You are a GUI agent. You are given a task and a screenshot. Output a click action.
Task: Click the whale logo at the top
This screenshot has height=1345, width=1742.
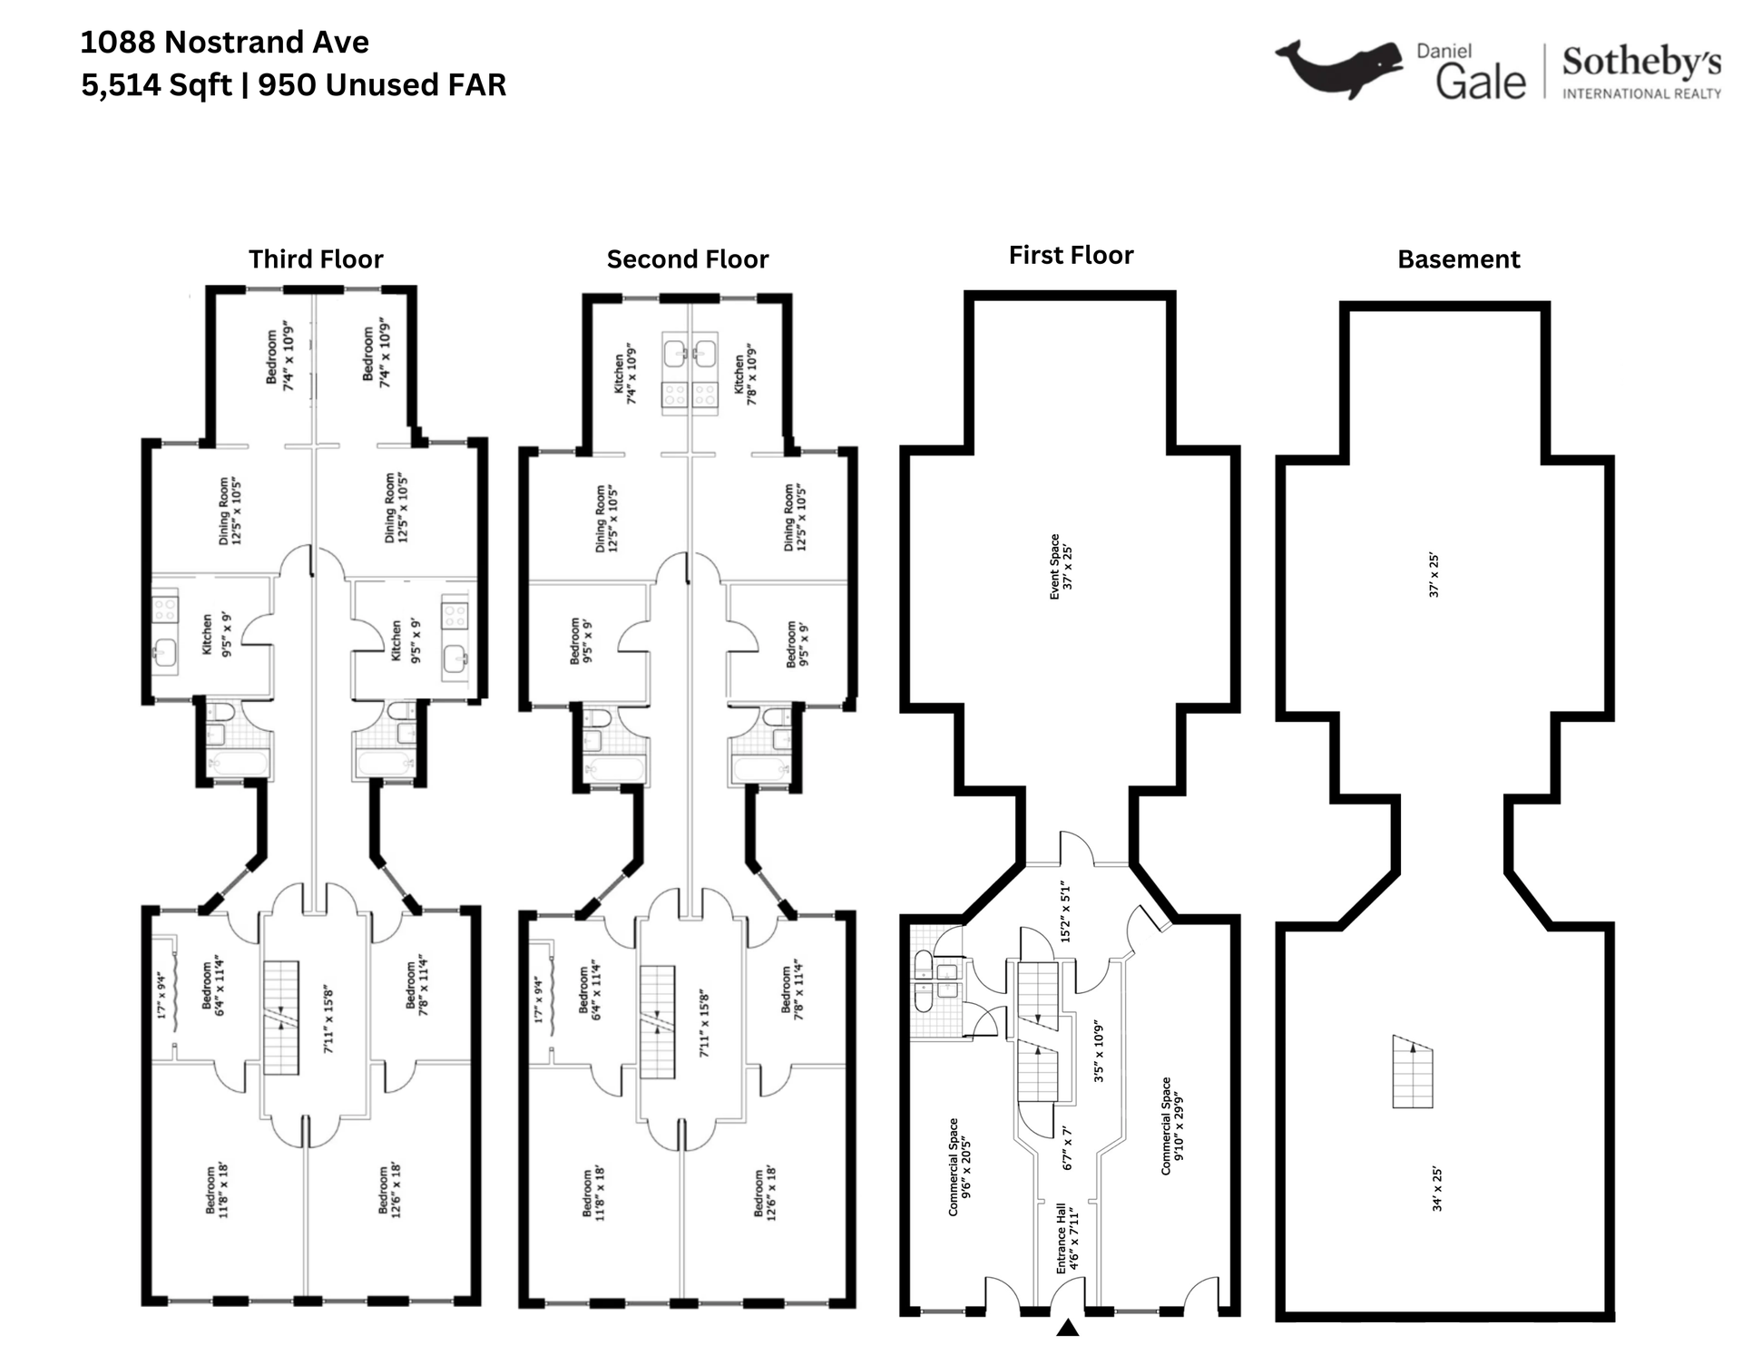point(1338,68)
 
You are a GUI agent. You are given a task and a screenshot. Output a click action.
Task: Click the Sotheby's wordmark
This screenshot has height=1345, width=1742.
point(1640,63)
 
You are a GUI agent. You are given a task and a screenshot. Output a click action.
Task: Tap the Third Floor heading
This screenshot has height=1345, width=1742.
point(316,259)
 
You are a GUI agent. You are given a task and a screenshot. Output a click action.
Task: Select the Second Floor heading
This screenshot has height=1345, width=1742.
point(687,259)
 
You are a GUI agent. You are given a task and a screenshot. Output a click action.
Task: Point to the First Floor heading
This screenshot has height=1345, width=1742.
point(1071,255)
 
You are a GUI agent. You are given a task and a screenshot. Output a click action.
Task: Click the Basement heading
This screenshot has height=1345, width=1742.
point(1458,259)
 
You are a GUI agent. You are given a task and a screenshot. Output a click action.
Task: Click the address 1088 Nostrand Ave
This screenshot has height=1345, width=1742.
point(224,42)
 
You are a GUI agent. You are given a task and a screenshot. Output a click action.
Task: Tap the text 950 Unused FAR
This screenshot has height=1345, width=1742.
point(382,84)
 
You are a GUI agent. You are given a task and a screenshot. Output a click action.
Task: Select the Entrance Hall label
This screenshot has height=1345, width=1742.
point(1067,1238)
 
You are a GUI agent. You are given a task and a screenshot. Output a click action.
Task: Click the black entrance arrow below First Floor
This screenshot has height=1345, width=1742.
point(1068,1329)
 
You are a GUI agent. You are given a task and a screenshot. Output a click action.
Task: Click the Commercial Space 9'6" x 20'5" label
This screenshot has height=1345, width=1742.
point(959,1166)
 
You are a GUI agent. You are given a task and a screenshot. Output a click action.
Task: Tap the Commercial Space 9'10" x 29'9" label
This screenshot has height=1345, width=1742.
point(1172,1126)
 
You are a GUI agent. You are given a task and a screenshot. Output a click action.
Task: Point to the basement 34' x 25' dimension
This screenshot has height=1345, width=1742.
point(1436,1189)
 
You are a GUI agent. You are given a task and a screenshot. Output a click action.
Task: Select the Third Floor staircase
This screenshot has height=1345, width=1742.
point(281,1018)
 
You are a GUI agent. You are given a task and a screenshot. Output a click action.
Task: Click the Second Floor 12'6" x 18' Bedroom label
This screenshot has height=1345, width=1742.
point(765,1193)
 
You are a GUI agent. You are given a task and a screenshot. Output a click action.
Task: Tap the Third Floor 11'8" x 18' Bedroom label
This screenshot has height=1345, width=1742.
point(216,1191)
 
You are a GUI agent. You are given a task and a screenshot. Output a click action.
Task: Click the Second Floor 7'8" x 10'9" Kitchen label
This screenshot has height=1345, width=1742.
point(745,374)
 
